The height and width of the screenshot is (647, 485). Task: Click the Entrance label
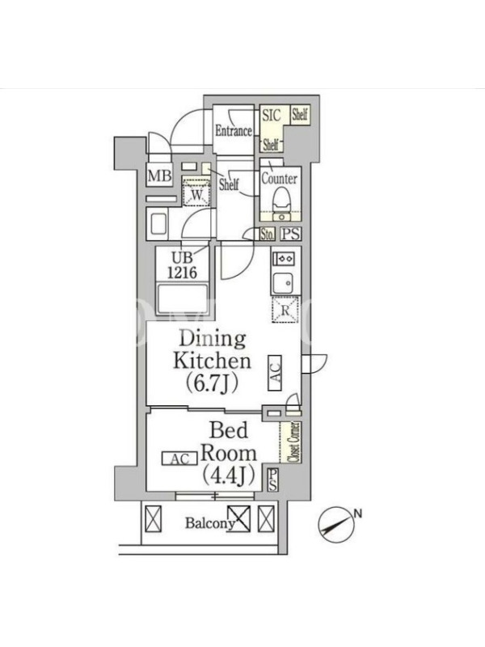coord(234,131)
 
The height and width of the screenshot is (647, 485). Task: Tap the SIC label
coord(272,115)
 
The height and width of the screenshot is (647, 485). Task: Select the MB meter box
coord(159,175)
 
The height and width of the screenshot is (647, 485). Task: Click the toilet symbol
coord(282,201)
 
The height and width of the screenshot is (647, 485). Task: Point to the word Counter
coord(279,179)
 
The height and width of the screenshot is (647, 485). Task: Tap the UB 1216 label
coord(182,265)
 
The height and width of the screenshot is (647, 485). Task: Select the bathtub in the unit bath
coord(182,298)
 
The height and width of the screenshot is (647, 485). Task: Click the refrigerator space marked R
coord(285,310)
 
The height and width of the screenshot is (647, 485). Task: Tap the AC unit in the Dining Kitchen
coord(275,373)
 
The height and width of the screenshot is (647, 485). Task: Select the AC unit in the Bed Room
coord(179,459)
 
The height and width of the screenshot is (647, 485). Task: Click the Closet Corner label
coord(294,442)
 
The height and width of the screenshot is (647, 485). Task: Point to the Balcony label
coord(210,523)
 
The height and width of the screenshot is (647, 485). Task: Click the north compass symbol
coord(336,524)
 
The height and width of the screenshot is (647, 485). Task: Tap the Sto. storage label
coord(268,235)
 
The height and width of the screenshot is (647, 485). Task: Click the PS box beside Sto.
coord(291,234)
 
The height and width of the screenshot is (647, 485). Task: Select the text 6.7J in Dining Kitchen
coord(212,383)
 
